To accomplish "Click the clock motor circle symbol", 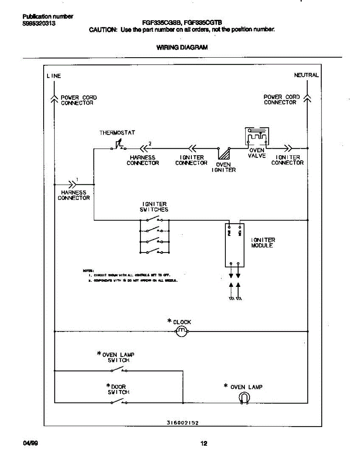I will pyautogui.click(x=181, y=332).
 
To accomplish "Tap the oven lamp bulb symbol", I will pyautogui.click(x=244, y=398).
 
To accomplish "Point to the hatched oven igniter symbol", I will pyautogui.click(x=224, y=154).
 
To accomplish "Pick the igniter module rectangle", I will pyautogui.click(x=235, y=245).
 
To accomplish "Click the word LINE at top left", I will pyautogui.click(x=54, y=76).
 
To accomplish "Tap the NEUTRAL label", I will pyautogui.click(x=306, y=75).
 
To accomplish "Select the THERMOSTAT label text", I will pyautogui.click(x=117, y=133).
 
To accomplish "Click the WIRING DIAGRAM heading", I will pyautogui.click(x=182, y=47).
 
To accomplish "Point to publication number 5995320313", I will pyautogui.click(x=39, y=23).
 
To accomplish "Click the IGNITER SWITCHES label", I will pyautogui.click(x=155, y=207).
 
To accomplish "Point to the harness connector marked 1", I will pyautogui.click(x=72, y=184).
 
